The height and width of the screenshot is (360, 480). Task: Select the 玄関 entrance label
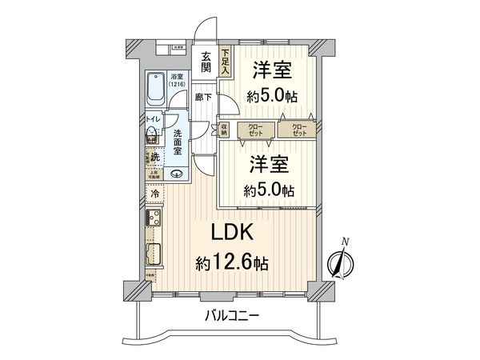tap(206, 62)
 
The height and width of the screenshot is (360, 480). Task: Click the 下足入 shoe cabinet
tap(226, 62)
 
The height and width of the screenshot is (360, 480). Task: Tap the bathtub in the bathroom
tap(154, 90)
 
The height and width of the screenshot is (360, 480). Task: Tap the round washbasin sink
tap(177, 174)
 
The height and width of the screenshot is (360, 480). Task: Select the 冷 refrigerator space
tap(154, 194)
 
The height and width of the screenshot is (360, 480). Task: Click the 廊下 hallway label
tap(203, 98)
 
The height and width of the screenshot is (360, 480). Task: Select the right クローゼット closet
tap(298, 129)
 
